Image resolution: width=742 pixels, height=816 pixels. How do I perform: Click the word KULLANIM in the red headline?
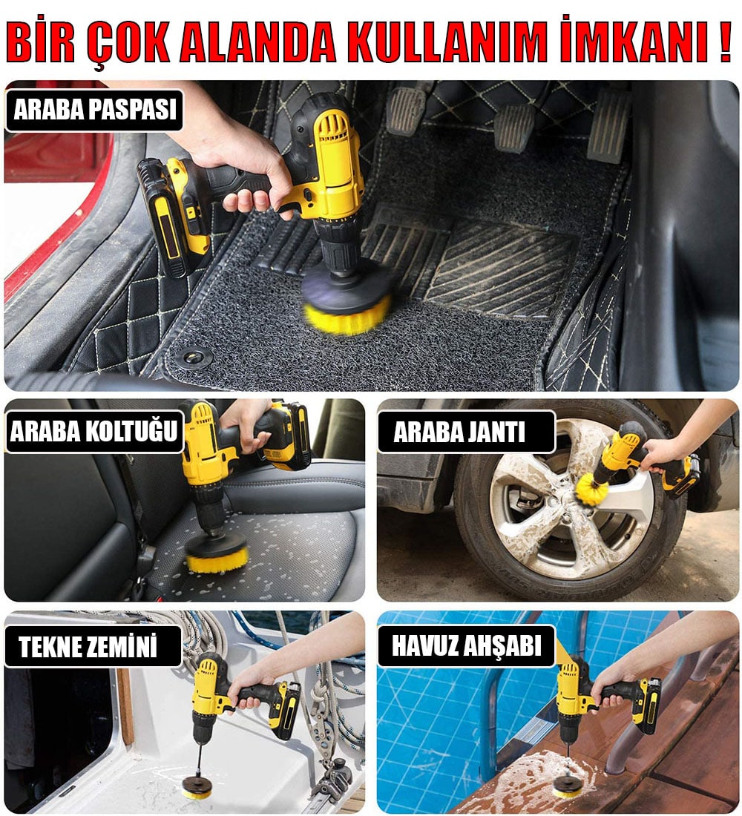click(447, 41)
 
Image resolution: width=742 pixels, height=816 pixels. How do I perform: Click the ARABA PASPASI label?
click(94, 110)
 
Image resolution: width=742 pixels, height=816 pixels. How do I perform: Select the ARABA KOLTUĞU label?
click(94, 432)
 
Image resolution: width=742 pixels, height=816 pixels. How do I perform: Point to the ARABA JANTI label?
click(466, 432)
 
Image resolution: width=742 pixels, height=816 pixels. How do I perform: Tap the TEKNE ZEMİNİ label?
click(93, 646)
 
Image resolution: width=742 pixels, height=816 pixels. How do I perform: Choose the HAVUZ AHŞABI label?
click(466, 645)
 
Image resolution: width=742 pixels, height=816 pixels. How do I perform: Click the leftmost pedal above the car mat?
click(406, 111)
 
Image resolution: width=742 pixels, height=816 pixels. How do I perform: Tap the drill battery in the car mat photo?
click(169, 216)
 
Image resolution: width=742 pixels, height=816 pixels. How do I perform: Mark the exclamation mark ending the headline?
click(726, 41)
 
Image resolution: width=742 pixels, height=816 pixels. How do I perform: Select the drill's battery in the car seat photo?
click(287, 436)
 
